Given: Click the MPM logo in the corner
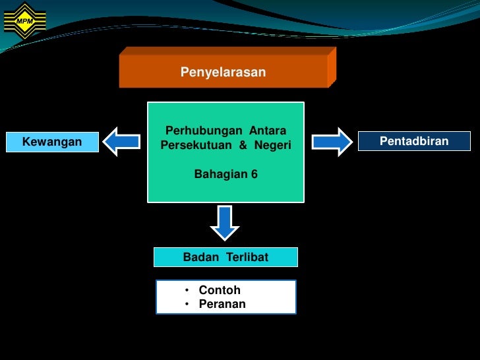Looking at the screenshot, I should coord(24,20).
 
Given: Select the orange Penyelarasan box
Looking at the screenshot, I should coord(224,71).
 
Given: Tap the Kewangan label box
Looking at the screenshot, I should coord(52,142).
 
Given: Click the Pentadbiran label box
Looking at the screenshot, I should coord(414,141).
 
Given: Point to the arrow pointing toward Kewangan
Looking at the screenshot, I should coord(122,142).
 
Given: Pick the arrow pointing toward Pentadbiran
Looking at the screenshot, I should coord(332,142).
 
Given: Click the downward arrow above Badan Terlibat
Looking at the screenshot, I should coord(225,223).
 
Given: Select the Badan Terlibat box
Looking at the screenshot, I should coord(225,257).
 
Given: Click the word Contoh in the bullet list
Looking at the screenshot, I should coord(220,290).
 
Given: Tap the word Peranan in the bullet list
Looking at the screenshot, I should coord(222,304).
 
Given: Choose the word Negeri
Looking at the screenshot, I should coord(272,144).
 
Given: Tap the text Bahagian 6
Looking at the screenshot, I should coord(225,175).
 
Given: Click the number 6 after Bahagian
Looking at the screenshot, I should coord(254,175).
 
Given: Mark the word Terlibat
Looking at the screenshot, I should coord(247,257).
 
